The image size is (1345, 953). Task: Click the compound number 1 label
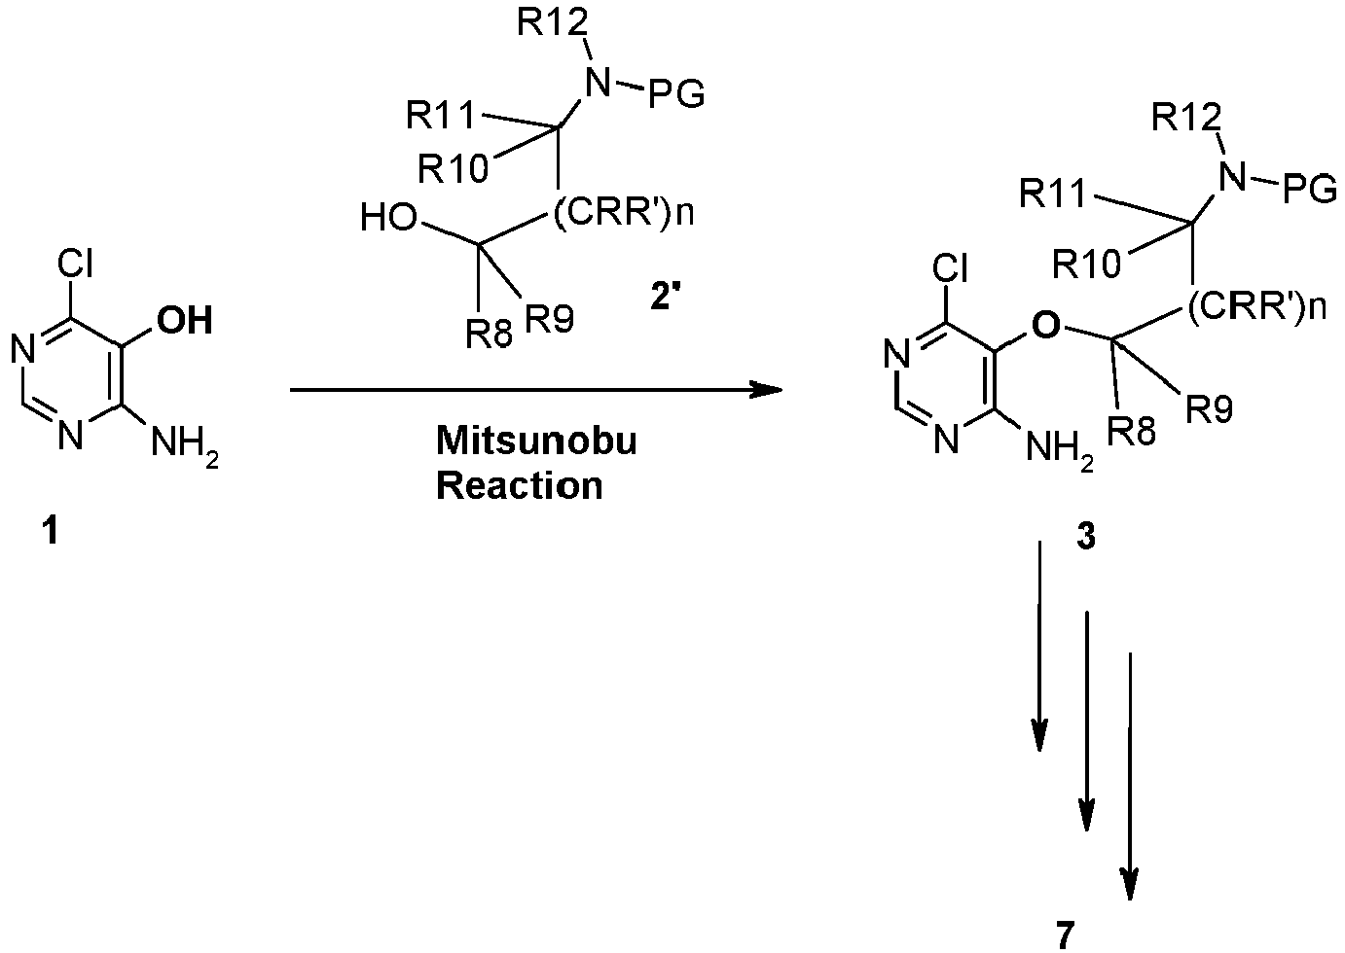52,532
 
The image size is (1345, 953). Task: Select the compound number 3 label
1085,537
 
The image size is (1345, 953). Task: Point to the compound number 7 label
1064,935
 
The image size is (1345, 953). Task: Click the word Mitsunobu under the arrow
536,441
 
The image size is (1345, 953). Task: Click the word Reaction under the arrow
520,485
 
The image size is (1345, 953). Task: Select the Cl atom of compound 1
75,264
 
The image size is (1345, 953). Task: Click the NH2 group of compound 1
184,446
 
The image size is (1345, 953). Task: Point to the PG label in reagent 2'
676,95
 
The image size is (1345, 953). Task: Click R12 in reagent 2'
552,22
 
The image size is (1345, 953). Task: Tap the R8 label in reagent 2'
489,334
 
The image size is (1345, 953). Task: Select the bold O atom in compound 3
1045,325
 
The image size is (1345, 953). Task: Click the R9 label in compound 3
1209,409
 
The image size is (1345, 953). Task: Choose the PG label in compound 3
1309,191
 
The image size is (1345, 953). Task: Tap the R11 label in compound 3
1053,194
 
